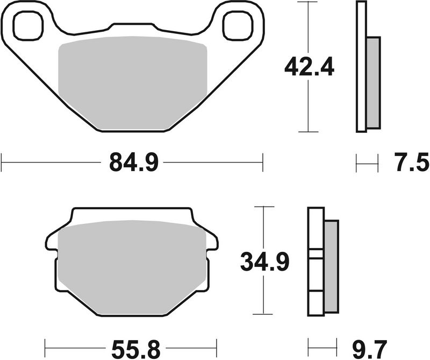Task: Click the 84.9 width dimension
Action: pyautogui.click(x=132, y=161)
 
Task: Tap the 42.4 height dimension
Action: pyautogui.click(x=310, y=67)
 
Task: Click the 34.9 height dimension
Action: pyautogui.click(x=265, y=263)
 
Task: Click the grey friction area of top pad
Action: pyautogui.click(x=132, y=81)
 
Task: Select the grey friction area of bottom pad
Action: pyautogui.click(x=132, y=266)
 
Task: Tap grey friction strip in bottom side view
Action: pyautogui.click(x=331, y=266)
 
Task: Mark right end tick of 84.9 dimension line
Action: pyautogui.click(x=262, y=161)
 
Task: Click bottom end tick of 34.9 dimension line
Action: pyautogui.click(x=262, y=314)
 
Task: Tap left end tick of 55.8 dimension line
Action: pyautogui.click(x=45, y=345)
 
